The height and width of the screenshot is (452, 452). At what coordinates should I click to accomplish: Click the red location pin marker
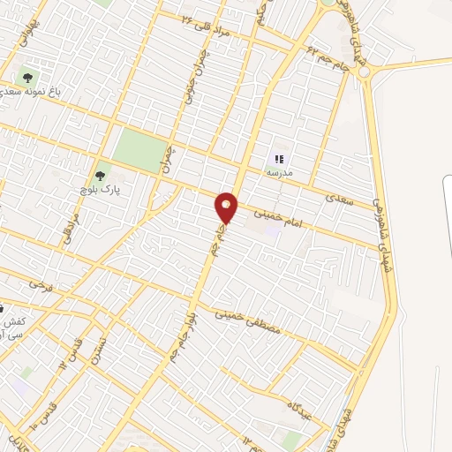click(x=227, y=207)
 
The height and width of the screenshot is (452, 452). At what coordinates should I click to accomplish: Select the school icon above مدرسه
click(x=278, y=160)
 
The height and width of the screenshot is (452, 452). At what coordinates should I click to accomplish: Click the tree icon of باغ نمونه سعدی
click(x=31, y=76)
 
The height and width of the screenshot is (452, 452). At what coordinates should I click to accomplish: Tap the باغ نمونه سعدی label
click(x=30, y=92)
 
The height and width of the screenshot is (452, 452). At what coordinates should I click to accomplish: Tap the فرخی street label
click(x=40, y=284)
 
